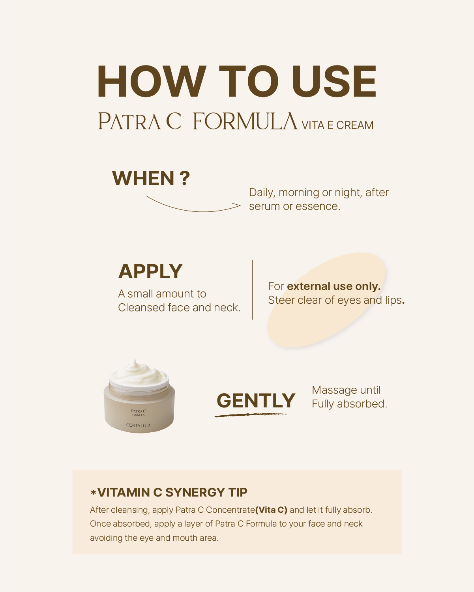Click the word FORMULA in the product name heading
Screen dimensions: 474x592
coord(245,121)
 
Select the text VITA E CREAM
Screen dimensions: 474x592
coord(337,125)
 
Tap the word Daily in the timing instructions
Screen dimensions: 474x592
coord(262,193)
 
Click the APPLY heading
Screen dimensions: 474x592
coord(150,271)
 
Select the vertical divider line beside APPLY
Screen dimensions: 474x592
coord(253,289)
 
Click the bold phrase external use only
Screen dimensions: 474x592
coord(333,286)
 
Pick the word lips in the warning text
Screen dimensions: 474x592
coord(393,300)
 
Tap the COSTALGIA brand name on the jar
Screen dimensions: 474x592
coord(139,425)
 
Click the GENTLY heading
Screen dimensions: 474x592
coord(256,401)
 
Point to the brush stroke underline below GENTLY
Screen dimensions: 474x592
coord(251,415)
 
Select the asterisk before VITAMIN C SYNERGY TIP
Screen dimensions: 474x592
coord(93,493)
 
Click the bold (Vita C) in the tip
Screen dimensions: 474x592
coord(272,510)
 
